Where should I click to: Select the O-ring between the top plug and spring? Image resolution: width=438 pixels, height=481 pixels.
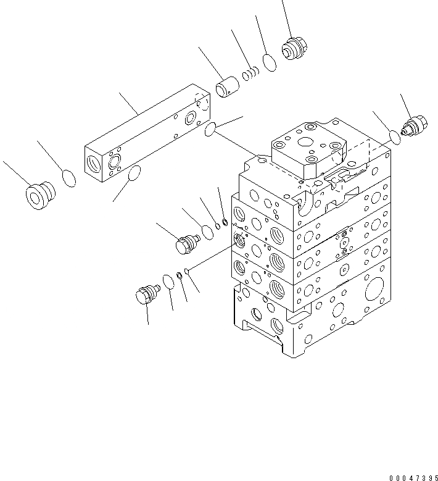click(268, 62)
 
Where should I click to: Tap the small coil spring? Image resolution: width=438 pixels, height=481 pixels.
click(250, 74)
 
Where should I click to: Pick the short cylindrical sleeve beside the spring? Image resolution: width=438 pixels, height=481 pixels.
click(228, 86)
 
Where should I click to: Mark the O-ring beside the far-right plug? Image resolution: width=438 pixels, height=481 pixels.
click(395, 136)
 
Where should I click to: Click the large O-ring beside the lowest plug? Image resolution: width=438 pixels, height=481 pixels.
click(168, 282)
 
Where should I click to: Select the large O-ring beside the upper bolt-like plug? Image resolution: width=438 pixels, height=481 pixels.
click(208, 230)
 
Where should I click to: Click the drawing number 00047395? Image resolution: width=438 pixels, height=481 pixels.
click(412, 477)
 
